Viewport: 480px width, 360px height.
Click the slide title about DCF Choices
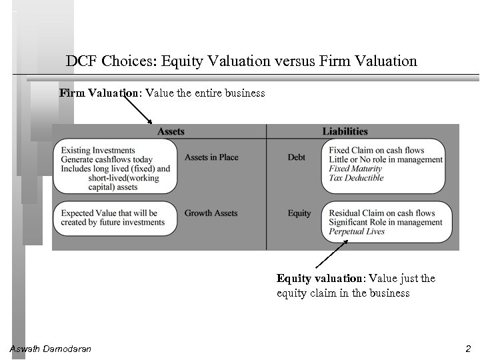[241, 61]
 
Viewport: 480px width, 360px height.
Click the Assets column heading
[171, 131]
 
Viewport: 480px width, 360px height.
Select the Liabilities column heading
[345, 131]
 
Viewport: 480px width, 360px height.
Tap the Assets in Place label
[211, 157]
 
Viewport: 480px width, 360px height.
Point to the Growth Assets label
[211, 213]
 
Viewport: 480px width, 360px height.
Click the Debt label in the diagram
[297, 157]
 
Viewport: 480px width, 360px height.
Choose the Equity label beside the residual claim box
[299, 213]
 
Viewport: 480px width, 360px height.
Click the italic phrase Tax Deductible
[357, 178]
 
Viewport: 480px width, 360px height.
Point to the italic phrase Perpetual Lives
[357, 231]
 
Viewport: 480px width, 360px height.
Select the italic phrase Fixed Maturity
[356, 169]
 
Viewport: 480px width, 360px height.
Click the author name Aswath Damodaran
[51, 349]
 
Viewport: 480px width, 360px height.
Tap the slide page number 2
[468, 349]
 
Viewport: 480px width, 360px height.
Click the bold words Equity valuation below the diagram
[309, 279]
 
